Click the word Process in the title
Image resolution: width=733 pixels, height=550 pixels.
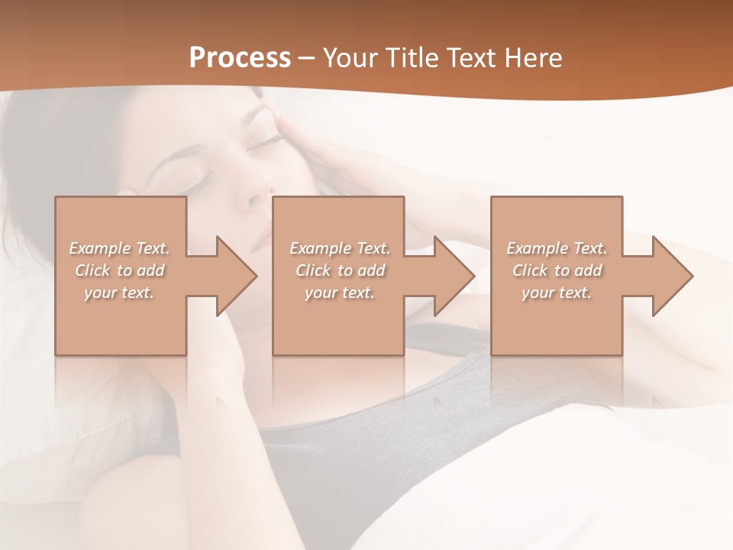point(240,58)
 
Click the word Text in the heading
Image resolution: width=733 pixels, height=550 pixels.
point(471,58)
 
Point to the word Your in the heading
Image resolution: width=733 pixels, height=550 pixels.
point(350,58)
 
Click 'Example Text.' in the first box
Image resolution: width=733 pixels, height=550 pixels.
point(120,248)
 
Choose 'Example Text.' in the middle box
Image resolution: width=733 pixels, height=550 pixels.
point(340,248)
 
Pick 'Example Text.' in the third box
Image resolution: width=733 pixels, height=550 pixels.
point(557,248)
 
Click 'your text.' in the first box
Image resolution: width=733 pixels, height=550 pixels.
point(120,293)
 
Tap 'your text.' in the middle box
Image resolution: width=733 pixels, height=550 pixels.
point(340,293)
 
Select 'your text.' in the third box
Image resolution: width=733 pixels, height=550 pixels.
point(557,293)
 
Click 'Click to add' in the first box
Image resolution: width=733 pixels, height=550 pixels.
point(120,270)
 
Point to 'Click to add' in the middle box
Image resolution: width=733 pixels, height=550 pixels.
point(340,270)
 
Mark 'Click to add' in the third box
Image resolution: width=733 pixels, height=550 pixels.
point(557,270)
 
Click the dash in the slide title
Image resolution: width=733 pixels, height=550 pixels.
point(307,59)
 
